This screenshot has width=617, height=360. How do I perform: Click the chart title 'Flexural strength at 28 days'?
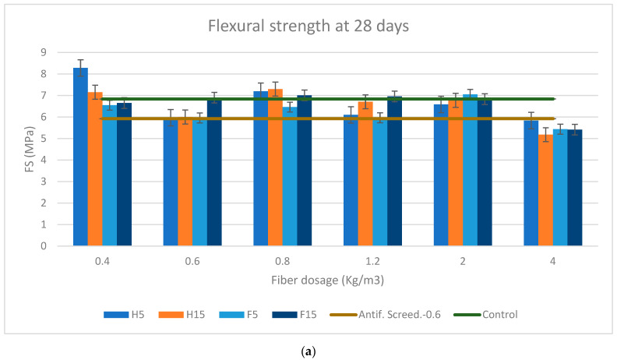[x=308, y=25]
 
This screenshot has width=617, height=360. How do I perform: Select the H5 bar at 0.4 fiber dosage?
[x=80, y=156]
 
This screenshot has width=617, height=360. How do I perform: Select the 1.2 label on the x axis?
[x=372, y=260]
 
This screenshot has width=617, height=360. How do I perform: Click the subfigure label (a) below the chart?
[x=308, y=351]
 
